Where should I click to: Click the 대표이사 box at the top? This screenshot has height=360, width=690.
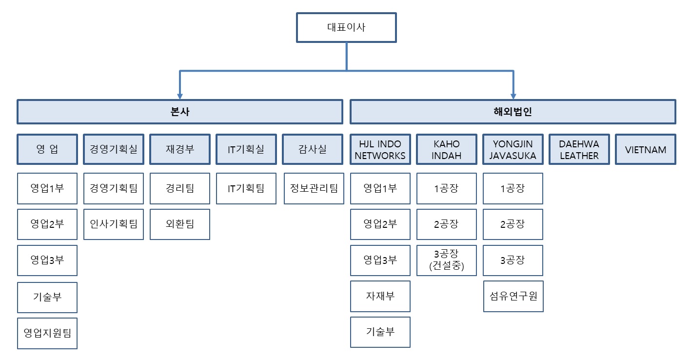pos(346,27)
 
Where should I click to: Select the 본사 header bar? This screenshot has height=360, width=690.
pos(180,112)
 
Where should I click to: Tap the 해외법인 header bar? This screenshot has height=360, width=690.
pos(513,112)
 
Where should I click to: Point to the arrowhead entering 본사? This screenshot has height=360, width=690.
pos(180,96)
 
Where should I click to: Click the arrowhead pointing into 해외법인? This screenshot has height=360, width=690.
pos(513,96)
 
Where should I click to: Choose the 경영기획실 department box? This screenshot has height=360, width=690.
pos(114,149)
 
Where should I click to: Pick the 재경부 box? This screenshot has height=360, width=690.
pos(180,149)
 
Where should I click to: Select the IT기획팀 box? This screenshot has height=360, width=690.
pos(246,188)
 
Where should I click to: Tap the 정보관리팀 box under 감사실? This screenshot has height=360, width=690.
pos(314,188)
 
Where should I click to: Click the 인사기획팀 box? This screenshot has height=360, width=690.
pos(114,224)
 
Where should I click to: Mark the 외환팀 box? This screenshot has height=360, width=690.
pos(180,224)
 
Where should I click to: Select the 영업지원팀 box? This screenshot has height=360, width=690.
pos(47,334)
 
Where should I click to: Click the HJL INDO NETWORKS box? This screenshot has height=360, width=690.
pos(380,149)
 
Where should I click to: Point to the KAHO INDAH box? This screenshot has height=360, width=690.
pos(446,149)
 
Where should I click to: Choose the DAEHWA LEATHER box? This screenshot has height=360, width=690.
pos(579,149)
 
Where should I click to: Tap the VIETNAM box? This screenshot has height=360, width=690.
pos(646,149)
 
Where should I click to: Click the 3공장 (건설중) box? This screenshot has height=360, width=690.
pos(446,260)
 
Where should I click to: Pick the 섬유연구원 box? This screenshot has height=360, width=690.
pos(513,296)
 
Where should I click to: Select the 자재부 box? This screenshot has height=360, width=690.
pos(380,296)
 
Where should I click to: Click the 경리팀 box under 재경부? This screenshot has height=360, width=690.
pos(180,188)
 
